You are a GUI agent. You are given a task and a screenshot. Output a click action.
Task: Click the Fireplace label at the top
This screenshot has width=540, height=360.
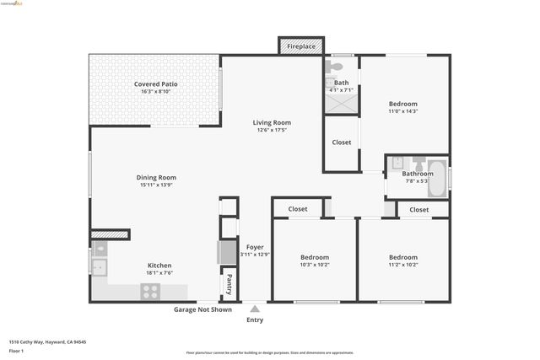click(300, 47)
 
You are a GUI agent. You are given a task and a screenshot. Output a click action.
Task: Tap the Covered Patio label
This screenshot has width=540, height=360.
click(155, 84)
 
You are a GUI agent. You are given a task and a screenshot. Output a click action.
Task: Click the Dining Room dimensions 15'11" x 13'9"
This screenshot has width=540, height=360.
click(156, 185)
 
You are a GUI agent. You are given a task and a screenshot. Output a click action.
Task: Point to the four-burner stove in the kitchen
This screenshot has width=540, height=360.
click(151, 292)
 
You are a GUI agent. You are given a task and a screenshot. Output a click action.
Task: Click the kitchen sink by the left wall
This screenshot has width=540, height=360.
click(100, 268)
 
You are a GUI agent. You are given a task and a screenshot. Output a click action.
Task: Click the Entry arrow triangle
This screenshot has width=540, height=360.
click(255, 309)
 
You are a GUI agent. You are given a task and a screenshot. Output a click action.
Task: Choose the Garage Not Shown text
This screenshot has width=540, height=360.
click(202, 309)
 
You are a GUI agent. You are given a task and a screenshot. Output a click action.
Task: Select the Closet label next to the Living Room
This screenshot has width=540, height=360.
click(341, 142)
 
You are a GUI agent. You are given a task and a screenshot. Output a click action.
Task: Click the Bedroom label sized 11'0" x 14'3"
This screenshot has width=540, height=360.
click(403, 103)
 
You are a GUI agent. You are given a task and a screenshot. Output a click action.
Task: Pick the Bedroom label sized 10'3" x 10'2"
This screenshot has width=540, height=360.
click(315, 257)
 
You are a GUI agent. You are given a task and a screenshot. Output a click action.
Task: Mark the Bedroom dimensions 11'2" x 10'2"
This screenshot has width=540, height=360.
click(403, 265)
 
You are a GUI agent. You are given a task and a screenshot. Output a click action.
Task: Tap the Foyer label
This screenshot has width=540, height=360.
click(254, 247)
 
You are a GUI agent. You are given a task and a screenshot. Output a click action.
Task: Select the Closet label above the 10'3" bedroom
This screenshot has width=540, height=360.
click(298, 209)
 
